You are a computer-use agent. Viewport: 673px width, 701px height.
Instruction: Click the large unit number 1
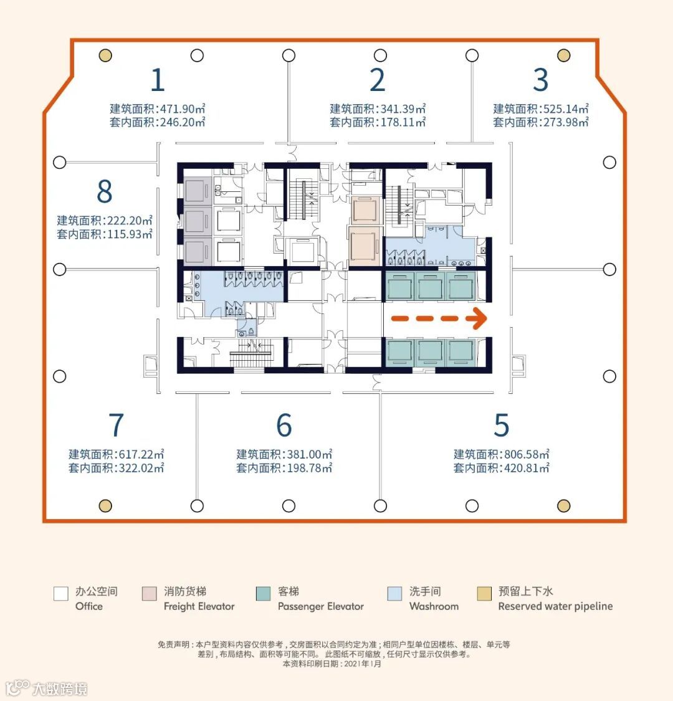tap(158, 80)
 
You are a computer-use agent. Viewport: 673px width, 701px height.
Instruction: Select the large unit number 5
tap(501, 425)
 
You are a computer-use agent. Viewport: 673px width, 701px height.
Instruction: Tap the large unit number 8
tap(105, 191)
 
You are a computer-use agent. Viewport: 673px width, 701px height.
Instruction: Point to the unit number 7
tap(116, 425)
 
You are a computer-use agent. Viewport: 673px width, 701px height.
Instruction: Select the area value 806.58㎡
tap(527, 454)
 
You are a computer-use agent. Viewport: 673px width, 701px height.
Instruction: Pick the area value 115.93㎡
tap(130, 234)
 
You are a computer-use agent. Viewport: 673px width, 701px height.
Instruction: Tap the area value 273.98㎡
tap(566, 122)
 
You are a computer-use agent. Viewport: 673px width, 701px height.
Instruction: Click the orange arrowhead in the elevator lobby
tap(479, 318)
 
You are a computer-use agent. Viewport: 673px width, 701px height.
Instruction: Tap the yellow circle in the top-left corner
tap(105, 55)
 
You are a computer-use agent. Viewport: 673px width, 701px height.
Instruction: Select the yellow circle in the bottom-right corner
tap(563, 505)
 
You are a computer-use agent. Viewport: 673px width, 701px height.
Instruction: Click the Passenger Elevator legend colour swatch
tap(263, 594)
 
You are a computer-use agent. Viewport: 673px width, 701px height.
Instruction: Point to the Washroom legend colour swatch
tap(394, 594)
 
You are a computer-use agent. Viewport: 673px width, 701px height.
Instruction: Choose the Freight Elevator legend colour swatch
tap(150, 594)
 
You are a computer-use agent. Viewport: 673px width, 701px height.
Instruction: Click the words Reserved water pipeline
tap(555, 606)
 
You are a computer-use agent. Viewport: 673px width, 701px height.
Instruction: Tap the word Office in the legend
tap(89, 606)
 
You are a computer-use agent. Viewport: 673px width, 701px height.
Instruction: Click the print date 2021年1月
tap(363, 664)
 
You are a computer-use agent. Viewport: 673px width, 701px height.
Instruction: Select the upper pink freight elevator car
tap(365, 209)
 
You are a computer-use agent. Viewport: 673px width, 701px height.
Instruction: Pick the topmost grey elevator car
tap(197, 190)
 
